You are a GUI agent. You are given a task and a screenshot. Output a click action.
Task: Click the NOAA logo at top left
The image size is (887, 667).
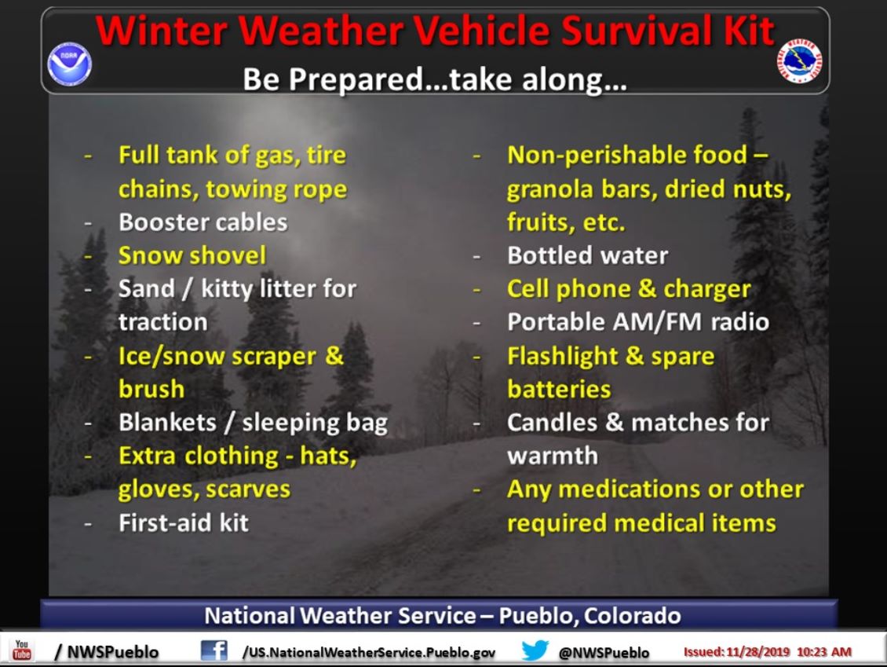point(70,64)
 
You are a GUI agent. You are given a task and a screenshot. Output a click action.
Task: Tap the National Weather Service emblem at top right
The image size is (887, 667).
point(799,60)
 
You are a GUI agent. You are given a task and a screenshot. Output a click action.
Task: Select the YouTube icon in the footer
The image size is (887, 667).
point(22,650)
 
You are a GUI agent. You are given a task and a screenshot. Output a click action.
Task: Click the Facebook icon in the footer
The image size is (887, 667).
point(214,651)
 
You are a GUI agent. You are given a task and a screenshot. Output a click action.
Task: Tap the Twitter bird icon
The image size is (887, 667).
point(535,650)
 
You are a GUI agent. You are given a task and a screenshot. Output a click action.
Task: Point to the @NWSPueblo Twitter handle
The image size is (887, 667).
point(604,653)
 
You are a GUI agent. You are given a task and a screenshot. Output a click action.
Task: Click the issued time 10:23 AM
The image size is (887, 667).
point(824,652)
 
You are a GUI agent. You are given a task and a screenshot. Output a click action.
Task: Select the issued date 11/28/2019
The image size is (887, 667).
point(757,652)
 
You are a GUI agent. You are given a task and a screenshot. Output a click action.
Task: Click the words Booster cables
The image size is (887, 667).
point(203,222)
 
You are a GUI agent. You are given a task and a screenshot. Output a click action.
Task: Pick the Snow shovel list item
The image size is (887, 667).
point(192,255)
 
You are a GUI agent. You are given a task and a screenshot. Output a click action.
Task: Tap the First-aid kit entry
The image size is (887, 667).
point(183,522)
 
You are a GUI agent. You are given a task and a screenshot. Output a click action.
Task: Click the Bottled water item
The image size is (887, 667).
point(588,255)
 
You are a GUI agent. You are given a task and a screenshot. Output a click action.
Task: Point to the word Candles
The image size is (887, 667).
point(552,423)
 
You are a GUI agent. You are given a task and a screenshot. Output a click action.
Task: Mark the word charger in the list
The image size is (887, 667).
point(707,289)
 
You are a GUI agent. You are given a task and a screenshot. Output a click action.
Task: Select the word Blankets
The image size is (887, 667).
point(167,423)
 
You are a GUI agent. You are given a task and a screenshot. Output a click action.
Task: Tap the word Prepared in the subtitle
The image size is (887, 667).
point(356,80)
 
